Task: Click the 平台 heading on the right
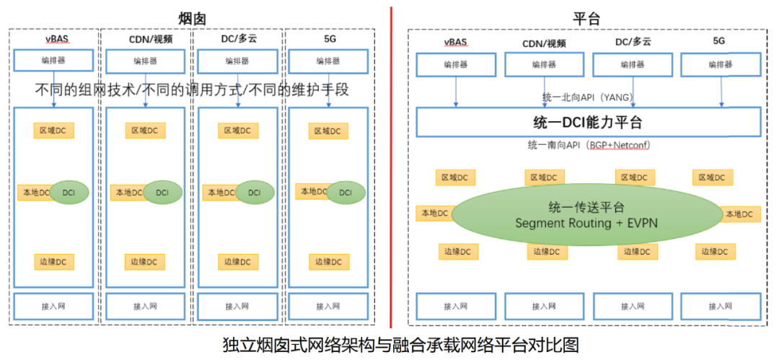pos(586,17)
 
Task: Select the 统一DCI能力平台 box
pos(588,121)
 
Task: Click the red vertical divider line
pos(391,166)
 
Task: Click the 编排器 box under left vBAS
pos(53,61)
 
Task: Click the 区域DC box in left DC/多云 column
pos(237,131)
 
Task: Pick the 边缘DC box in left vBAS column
pos(53,261)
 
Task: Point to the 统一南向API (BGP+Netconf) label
pos(589,146)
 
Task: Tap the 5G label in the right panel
pos(719,43)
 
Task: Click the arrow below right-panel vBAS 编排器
pos(455,92)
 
